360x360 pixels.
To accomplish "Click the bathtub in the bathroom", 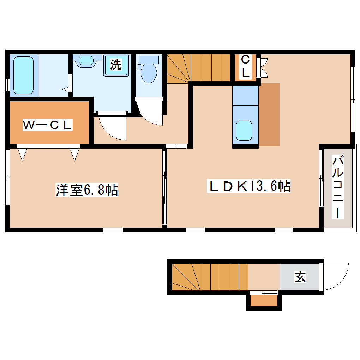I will click(24, 74).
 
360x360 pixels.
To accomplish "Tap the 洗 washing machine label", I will click(116, 64).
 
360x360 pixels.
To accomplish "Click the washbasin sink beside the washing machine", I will click(86, 60).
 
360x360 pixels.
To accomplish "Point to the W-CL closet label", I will click(48, 125).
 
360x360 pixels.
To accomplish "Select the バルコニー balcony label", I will click(338, 187).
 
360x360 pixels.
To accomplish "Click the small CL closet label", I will click(245, 67).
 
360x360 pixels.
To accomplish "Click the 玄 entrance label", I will click(300, 277).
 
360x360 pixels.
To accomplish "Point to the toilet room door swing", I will click(150, 114).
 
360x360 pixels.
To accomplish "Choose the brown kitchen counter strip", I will click(269, 115).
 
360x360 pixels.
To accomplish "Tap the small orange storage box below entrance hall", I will click(264, 301).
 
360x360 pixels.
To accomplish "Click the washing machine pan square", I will click(116, 65).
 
